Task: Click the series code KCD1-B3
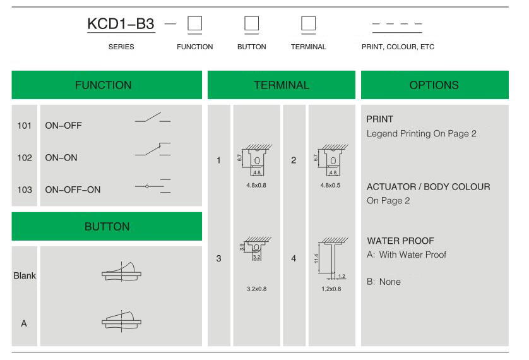tap(121, 23)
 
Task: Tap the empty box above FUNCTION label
tap(194, 23)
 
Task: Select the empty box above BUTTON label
tap(252, 23)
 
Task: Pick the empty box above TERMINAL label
tap(308, 23)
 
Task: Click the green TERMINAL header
tap(282, 85)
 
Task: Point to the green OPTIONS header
tap(434, 85)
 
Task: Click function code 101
tap(24, 126)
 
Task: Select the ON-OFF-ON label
tap(73, 189)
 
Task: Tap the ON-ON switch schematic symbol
tap(153, 149)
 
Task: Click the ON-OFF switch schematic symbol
tap(153, 117)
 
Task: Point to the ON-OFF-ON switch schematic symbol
tap(153, 186)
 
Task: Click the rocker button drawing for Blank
tap(121, 272)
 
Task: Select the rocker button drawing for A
tap(121, 321)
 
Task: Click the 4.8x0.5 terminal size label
tap(330, 185)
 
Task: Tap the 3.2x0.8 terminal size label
tap(256, 289)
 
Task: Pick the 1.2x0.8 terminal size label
tap(331, 289)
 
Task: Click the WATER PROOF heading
tap(400, 241)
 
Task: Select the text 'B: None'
tap(384, 282)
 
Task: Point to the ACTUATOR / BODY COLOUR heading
tap(429, 186)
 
